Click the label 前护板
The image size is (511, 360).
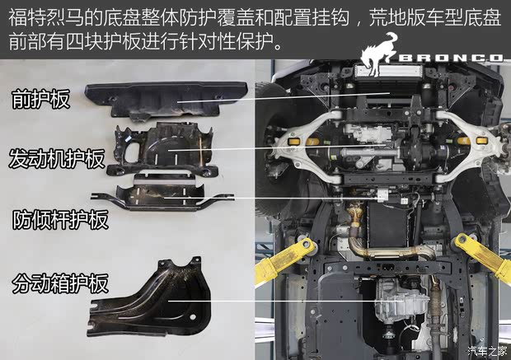pos(40,100)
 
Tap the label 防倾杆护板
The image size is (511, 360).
pos(60,220)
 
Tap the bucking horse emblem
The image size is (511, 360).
pos(378,54)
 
